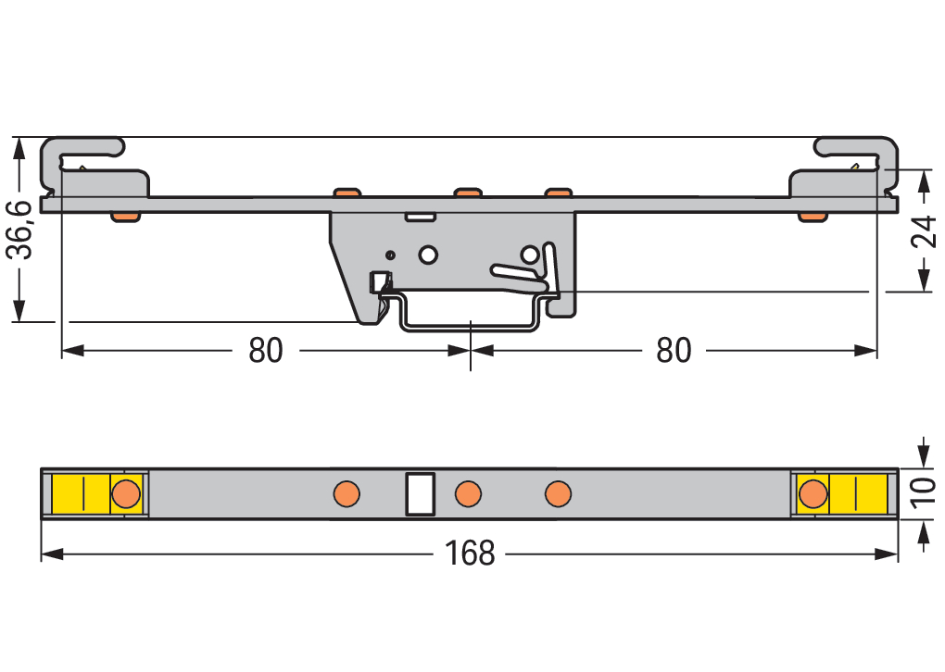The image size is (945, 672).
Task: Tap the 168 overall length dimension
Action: (x=470, y=554)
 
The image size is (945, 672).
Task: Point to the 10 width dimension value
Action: (x=923, y=494)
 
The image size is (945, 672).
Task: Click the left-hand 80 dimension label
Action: (x=266, y=351)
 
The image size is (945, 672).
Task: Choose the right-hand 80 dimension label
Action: (x=674, y=351)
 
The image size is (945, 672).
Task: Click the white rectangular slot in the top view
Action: (x=421, y=493)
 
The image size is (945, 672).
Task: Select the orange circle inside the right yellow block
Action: (x=813, y=494)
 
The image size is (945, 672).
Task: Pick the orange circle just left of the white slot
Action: (x=347, y=493)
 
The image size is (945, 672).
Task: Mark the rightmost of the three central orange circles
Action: (x=558, y=493)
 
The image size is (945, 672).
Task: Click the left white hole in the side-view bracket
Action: (x=428, y=254)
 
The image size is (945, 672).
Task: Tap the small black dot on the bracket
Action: (x=390, y=254)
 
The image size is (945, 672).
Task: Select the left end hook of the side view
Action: (x=83, y=162)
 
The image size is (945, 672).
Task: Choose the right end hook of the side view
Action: (x=857, y=162)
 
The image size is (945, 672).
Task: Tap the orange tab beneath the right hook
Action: (x=813, y=217)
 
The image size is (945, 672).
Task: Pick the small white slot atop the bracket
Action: (x=421, y=218)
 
